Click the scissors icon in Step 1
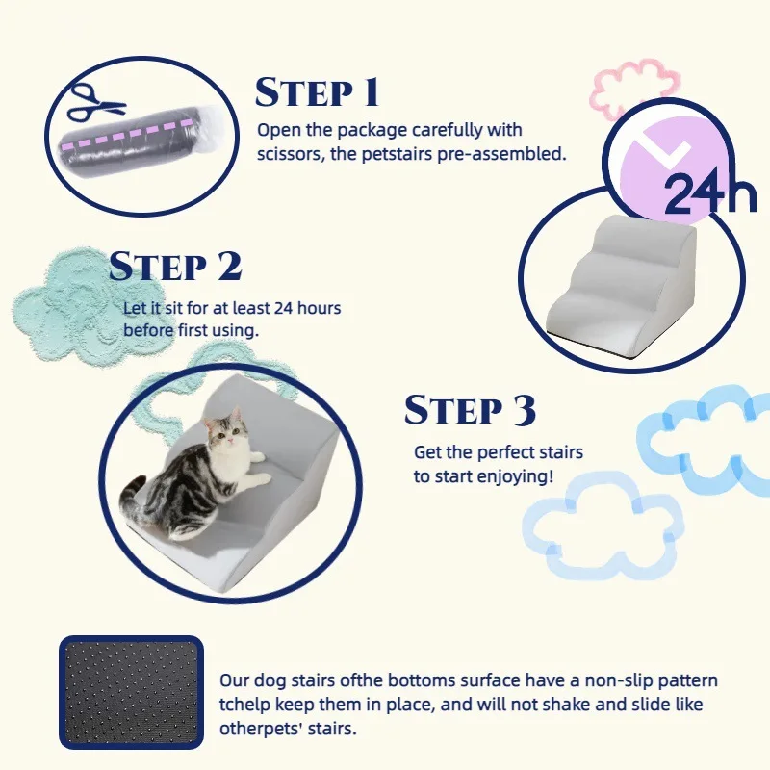coord(95,103)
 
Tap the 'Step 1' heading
coord(318,91)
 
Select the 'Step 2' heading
coord(175,267)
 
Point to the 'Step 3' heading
coord(470,410)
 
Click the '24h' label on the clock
coord(709,192)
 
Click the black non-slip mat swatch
coord(131,692)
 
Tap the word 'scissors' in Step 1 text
coord(290,154)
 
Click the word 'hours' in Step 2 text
coord(320,308)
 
